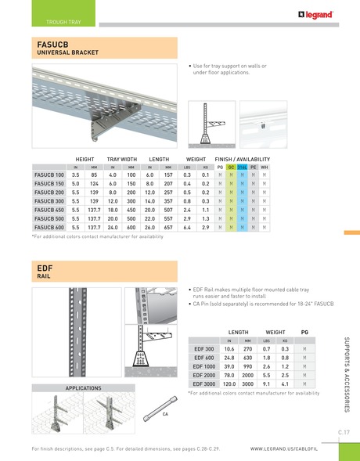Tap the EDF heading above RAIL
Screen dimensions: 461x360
click(44, 268)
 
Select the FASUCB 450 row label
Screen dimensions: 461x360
click(50, 210)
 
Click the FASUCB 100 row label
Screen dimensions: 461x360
click(50, 175)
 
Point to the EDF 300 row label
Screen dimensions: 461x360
click(203, 349)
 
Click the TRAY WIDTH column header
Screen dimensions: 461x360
click(122, 158)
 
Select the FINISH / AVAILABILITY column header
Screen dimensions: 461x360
click(243, 158)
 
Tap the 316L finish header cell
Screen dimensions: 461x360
click(243, 167)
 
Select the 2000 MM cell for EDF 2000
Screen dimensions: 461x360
click(248, 375)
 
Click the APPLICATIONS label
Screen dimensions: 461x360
click(83, 388)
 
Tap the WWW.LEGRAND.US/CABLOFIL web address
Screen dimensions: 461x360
click(284, 449)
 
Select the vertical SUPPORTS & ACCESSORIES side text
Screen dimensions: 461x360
click(346, 376)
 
